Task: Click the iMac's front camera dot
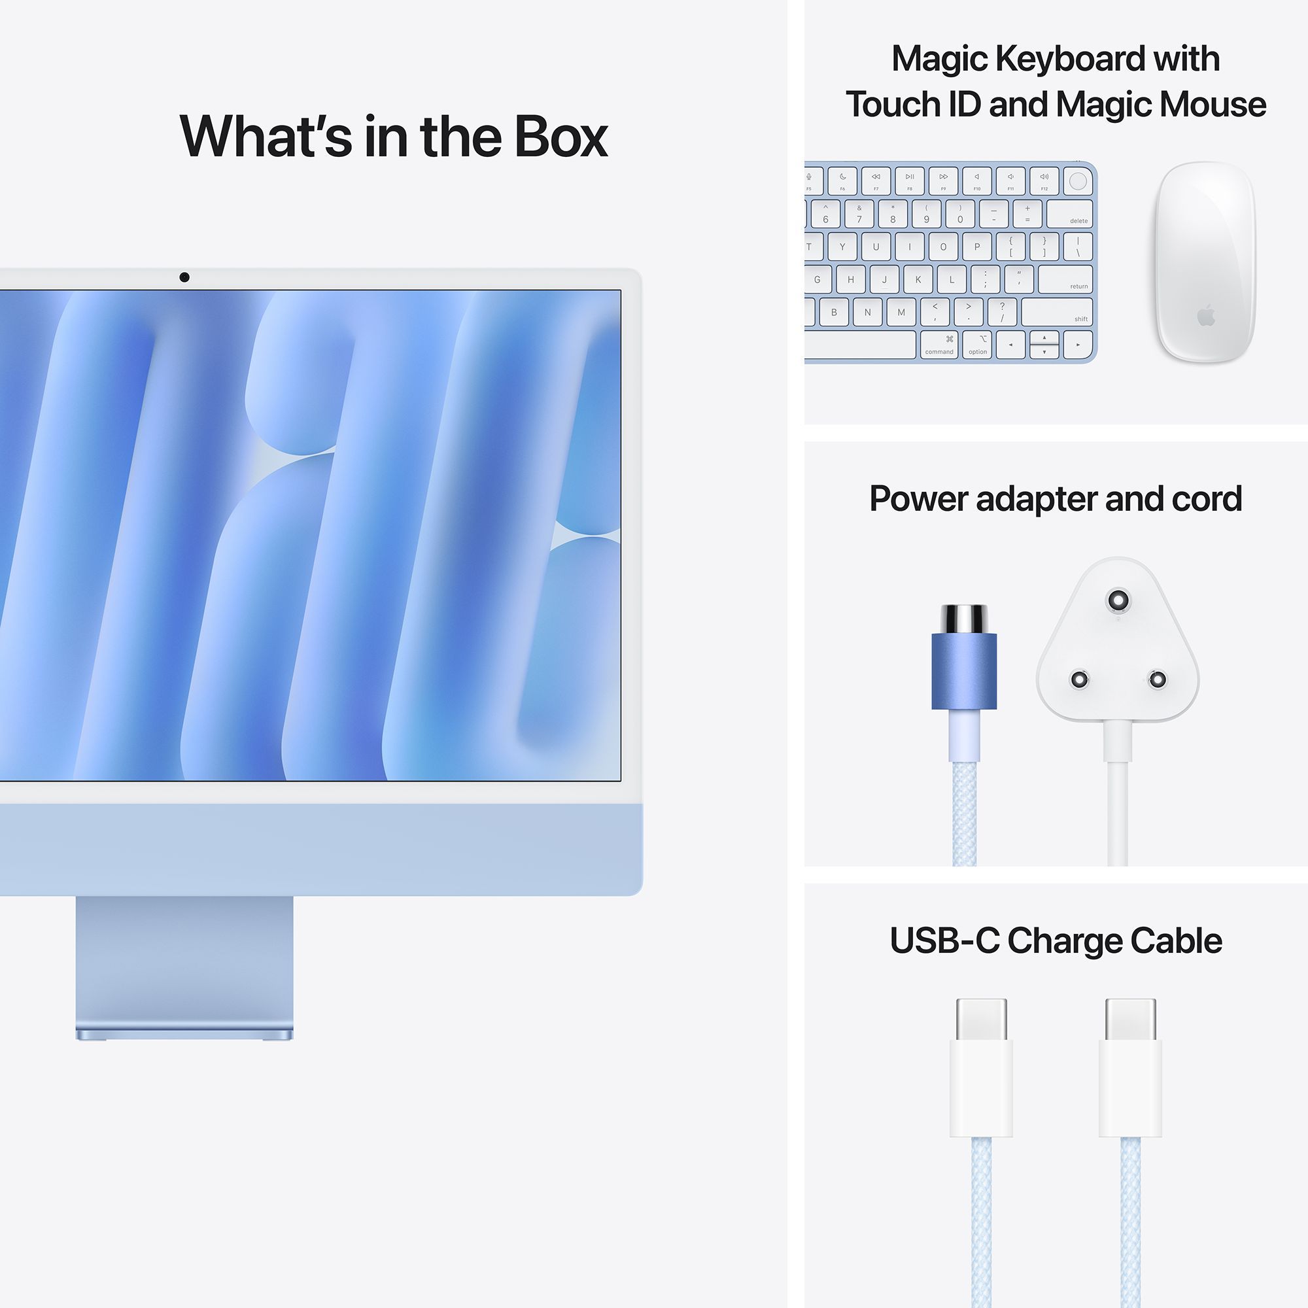[x=184, y=277]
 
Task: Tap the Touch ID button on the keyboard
[x=1078, y=181]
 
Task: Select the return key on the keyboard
[x=1065, y=279]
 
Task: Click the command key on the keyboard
[x=939, y=345]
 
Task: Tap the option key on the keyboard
[x=978, y=345]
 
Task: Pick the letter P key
[x=977, y=247]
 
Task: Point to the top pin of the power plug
[x=1117, y=600]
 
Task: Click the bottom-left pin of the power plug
[x=1078, y=678]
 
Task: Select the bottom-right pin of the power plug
[x=1157, y=678]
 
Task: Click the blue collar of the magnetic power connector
[x=964, y=671]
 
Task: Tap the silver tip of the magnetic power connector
[x=964, y=618]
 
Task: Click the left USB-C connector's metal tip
[x=981, y=1019]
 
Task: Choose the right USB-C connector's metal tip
[x=1130, y=1019]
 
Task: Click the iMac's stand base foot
[x=184, y=1035]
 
